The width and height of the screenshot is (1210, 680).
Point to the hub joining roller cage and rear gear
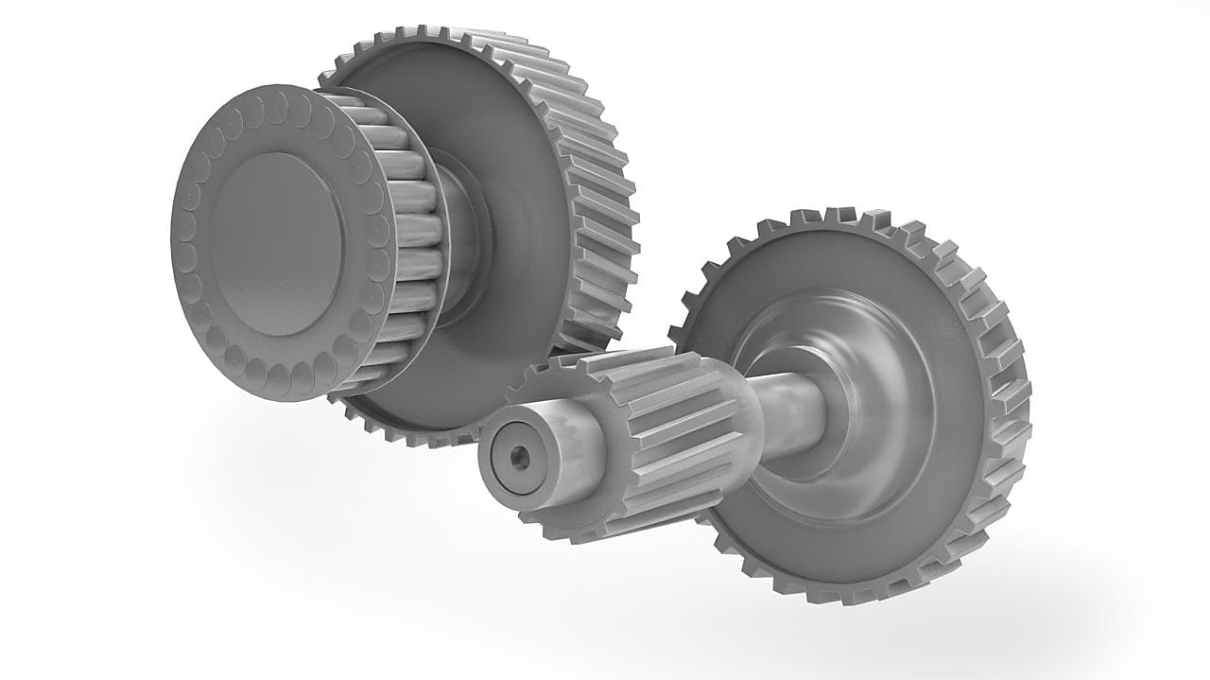(x=463, y=236)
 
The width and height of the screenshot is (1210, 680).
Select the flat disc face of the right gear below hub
(x=851, y=539)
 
